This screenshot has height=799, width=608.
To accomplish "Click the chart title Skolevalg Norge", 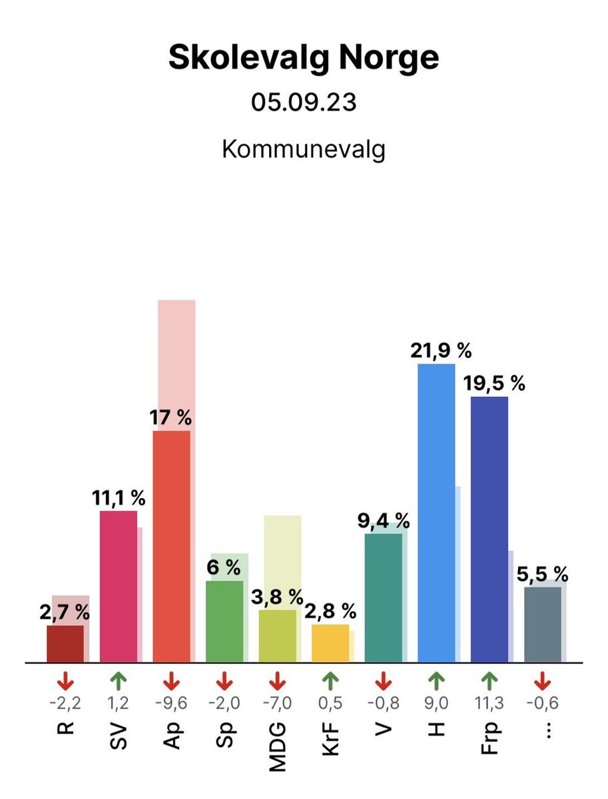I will [x=304, y=59].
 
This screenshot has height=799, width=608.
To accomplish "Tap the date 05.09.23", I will [x=304, y=104].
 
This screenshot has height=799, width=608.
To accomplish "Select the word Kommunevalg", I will [x=304, y=149].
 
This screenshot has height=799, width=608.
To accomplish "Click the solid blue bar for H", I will [x=436, y=513].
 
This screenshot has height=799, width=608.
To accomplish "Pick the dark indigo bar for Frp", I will [x=489, y=529].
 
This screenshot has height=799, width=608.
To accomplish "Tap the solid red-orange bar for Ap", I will [x=171, y=546].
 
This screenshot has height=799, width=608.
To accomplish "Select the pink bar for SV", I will [x=118, y=586].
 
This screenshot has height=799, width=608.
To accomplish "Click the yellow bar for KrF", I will [x=330, y=643].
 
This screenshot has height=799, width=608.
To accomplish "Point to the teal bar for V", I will [x=384, y=598].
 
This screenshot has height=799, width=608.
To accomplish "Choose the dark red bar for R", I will [x=65, y=644].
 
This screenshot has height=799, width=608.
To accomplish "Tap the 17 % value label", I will [x=171, y=418].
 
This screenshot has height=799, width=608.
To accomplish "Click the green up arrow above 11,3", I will [x=489, y=681].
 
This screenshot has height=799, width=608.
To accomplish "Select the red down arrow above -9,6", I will [x=171, y=681].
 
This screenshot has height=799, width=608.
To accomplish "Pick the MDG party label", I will [x=278, y=746].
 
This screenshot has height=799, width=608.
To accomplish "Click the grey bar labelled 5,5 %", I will [x=543, y=625].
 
